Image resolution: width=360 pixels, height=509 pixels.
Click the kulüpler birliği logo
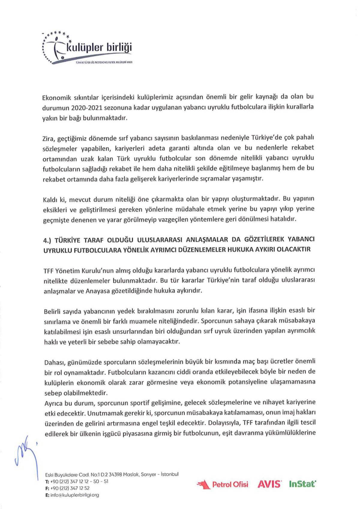coord(87,48)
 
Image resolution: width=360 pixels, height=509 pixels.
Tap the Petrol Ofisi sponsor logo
coord(222,484)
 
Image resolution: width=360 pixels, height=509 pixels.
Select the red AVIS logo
coord(269,484)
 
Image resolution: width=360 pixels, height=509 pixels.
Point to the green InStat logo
coord(302,484)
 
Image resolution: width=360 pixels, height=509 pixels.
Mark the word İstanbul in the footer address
coord(169,474)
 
